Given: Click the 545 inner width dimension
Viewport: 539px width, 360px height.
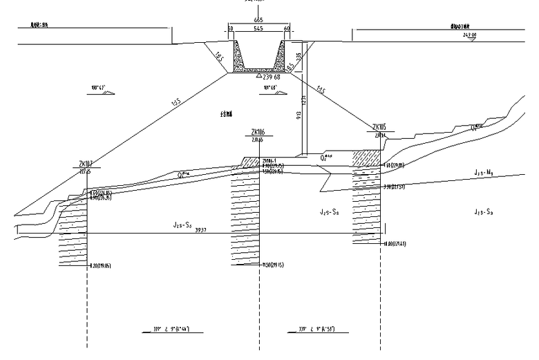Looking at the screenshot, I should point(258,29).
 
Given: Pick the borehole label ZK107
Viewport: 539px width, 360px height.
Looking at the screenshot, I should point(86,164).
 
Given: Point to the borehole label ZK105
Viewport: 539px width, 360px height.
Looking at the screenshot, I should point(379,127).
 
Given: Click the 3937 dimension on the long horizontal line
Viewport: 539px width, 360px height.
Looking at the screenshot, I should point(202,230).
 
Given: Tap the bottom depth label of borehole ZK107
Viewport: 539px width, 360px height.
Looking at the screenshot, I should point(101,265).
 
